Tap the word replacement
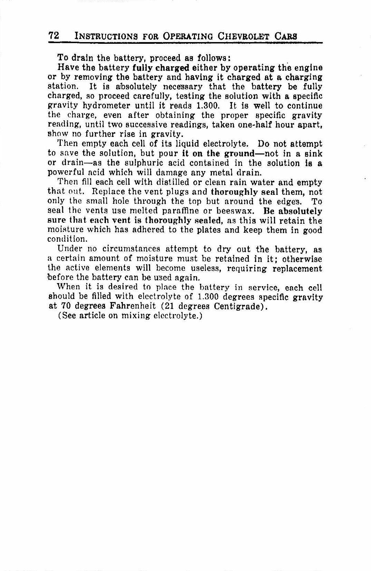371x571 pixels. point(297,268)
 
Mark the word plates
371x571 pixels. point(207,230)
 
